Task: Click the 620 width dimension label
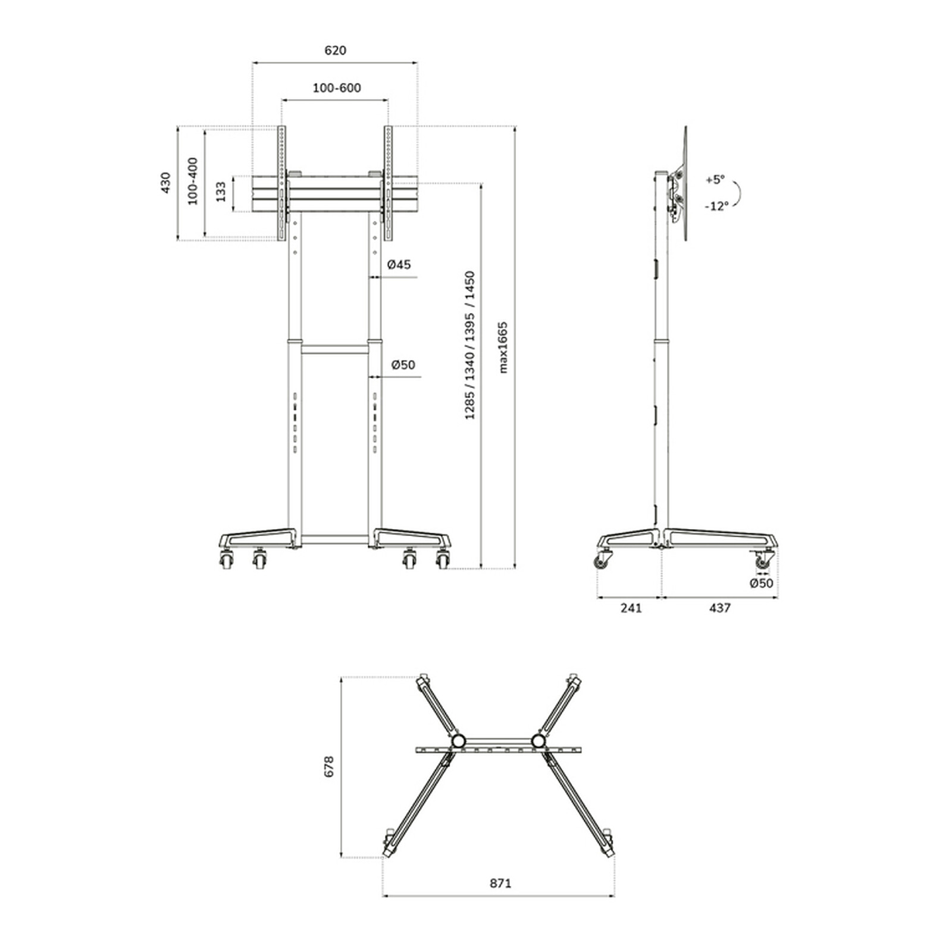[x=336, y=51]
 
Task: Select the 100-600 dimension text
[x=337, y=88]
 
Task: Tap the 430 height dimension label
[x=166, y=183]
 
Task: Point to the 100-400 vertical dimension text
[x=193, y=181]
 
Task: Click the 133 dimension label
[x=221, y=192]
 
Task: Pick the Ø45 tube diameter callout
[x=399, y=265]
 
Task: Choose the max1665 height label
[x=503, y=347]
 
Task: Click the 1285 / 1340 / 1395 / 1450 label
[x=470, y=346]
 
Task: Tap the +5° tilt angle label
[x=716, y=179]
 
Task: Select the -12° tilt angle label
[x=717, y=206]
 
